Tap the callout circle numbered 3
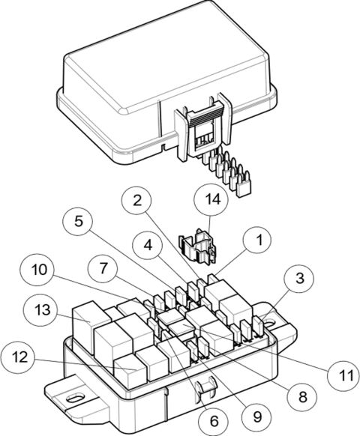coord(298,279)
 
